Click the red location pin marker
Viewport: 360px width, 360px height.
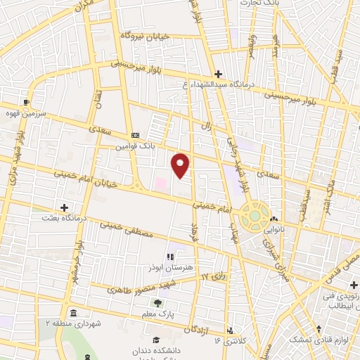(181, 165)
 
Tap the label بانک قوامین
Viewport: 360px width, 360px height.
(134, 147)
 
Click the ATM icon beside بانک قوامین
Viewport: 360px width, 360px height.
(135, 136)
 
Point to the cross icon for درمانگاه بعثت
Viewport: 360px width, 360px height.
(65, 207)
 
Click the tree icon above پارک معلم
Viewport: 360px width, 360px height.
(157, 302)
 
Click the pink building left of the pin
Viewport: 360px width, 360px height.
(161, 184)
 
